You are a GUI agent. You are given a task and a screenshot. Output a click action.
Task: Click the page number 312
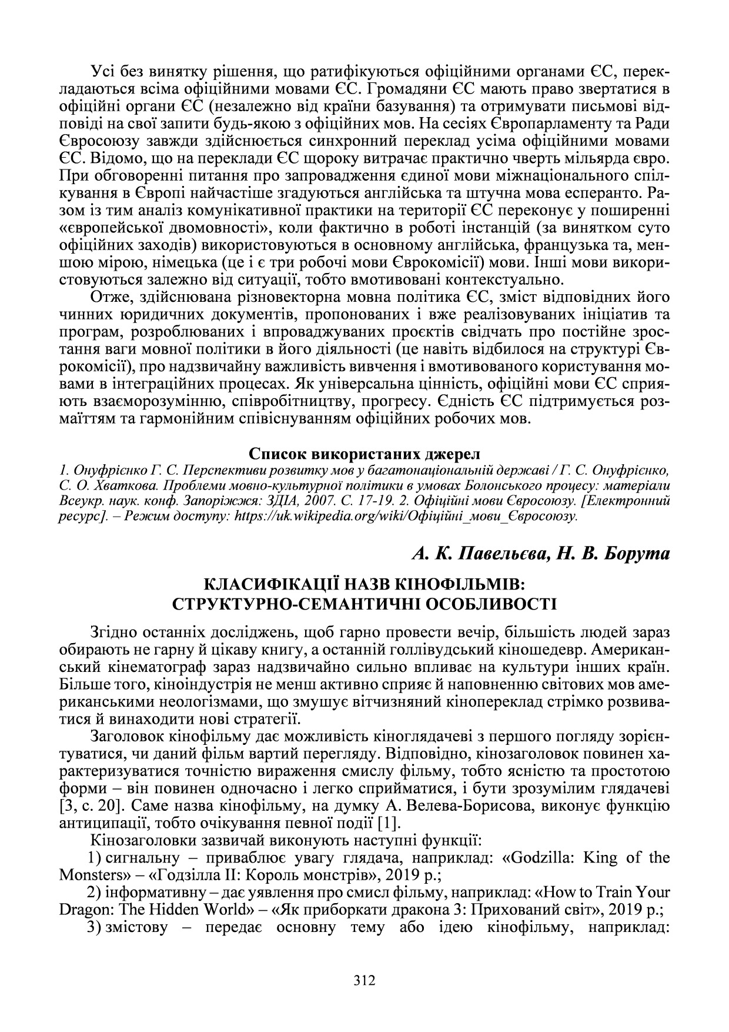[x=364, y=980]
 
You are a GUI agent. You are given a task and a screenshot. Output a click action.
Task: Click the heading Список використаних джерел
[x=364, y=454]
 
